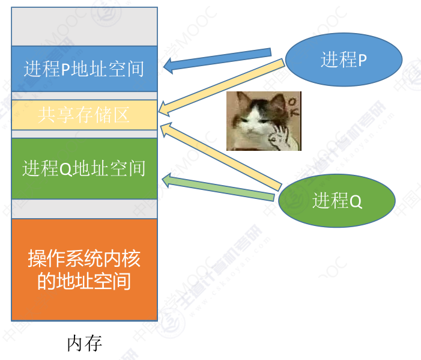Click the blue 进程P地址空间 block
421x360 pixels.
pos(84,69)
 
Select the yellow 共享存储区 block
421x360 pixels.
pos(84,114)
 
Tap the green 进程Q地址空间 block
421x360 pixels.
pos(84,168)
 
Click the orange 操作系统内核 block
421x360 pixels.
pos(84,269)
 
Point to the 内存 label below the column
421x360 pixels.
pos(84,343)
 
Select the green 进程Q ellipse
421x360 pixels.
pos(337,200)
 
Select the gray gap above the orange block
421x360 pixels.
pos(84,209)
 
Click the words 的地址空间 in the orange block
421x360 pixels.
pos(84,281)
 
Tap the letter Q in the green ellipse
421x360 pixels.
pos(356,201)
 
